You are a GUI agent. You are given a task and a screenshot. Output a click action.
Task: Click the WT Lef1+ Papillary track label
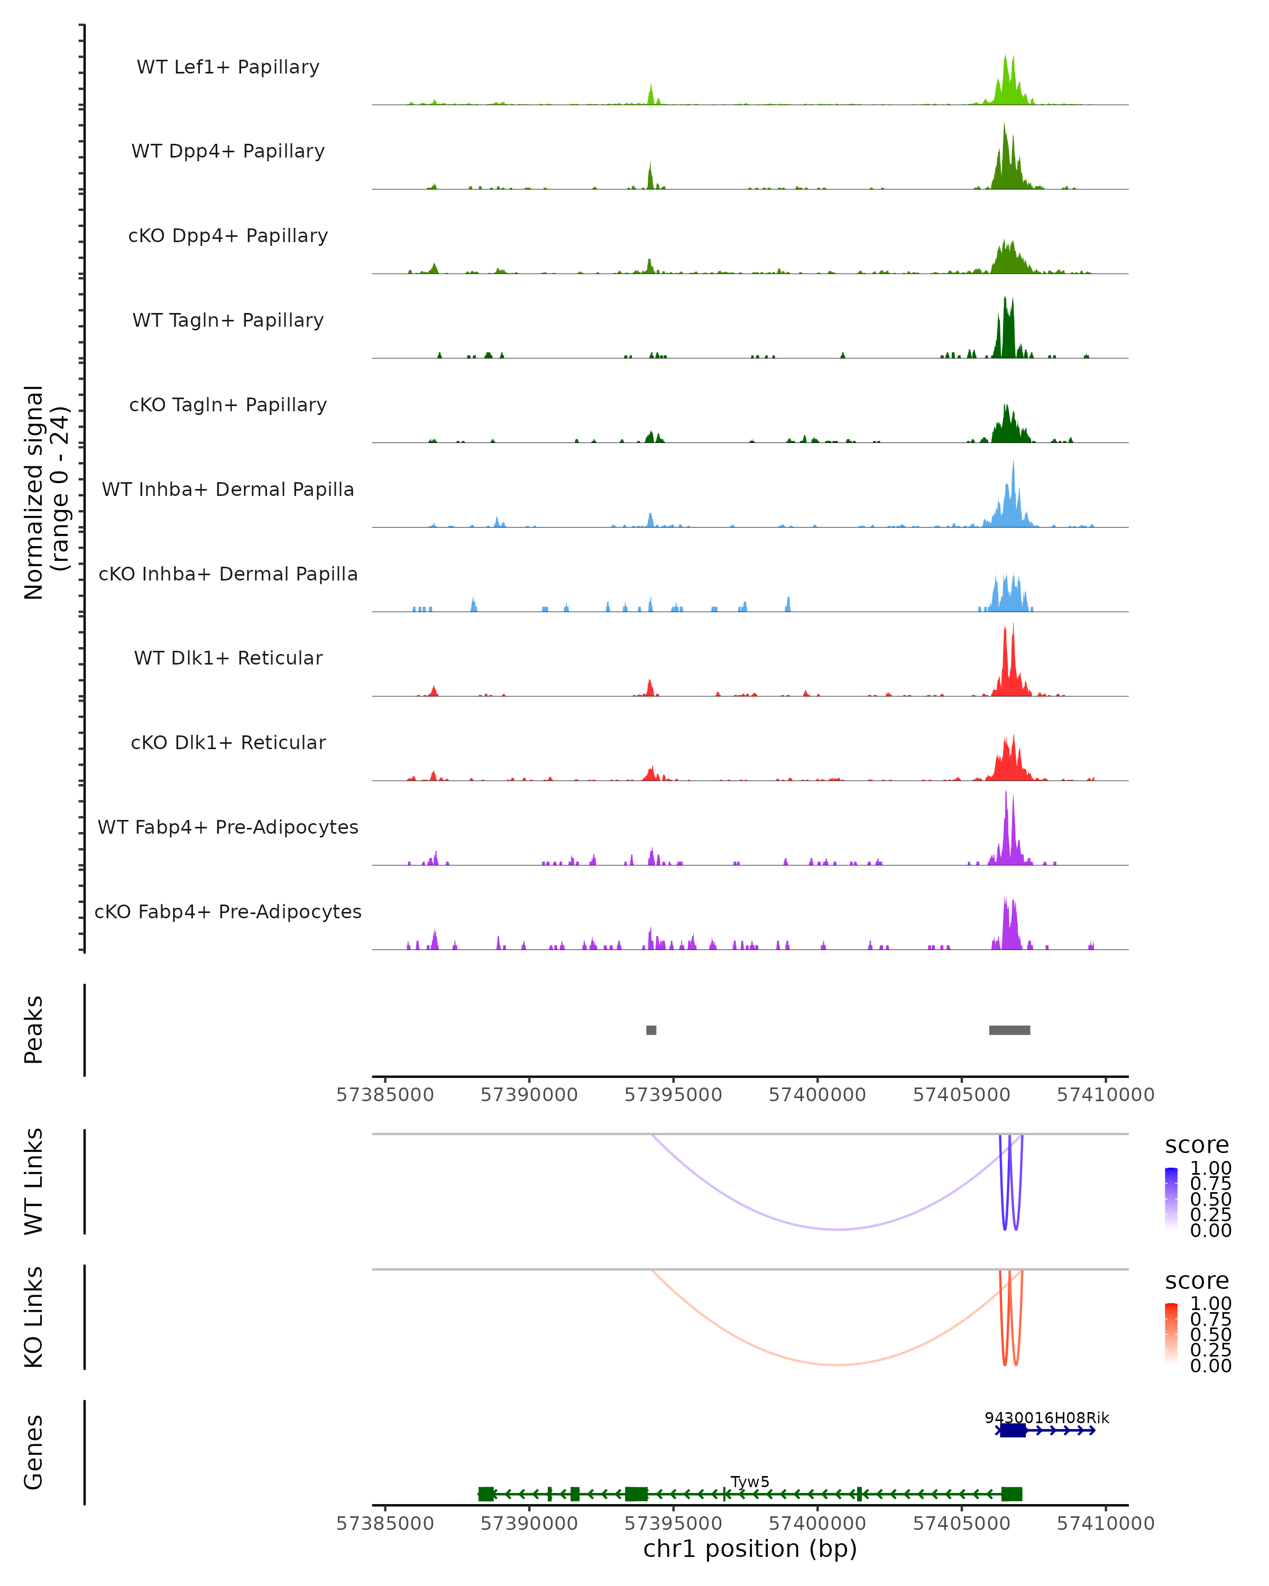228,67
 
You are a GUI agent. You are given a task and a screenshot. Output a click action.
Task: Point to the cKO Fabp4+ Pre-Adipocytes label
228,911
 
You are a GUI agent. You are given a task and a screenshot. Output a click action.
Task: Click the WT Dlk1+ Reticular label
228,658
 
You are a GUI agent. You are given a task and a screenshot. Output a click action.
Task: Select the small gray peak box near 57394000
651,1030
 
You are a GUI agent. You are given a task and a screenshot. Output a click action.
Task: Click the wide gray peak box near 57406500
1009,1030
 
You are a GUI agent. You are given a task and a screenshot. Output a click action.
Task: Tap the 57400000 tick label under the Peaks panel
817,1095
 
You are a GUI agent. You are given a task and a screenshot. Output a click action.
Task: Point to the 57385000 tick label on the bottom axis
385,1524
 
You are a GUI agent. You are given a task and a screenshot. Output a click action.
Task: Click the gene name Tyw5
750,1481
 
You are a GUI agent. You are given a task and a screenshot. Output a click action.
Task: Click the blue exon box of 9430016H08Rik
1013,1430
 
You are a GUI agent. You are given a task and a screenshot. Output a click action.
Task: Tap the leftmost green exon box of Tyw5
486,1494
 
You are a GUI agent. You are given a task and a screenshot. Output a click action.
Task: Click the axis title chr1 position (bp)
750,1549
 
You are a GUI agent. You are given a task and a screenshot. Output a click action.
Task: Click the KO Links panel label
34,1317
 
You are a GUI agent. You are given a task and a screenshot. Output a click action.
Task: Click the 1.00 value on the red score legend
1210,1304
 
